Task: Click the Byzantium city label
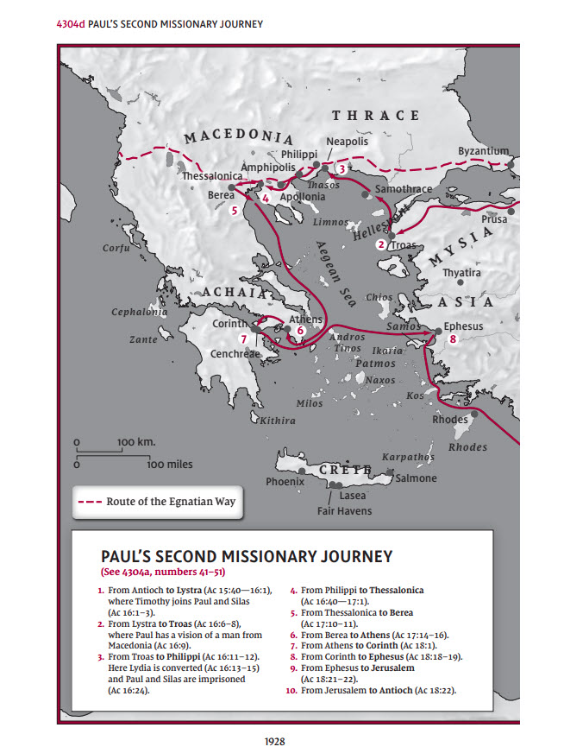coord(483,151)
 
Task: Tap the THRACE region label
coord(376,116)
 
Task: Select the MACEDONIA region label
coord(238,137)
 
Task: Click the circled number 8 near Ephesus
coord(453,340)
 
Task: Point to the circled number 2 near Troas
coord(380,245)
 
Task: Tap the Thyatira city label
coord(461,273)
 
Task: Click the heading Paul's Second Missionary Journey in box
coord(247,556)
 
